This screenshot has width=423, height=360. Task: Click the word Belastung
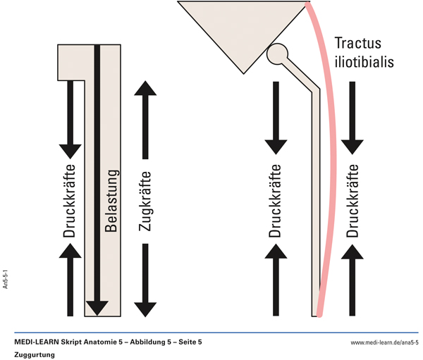pyautogui.click(x=111, y=200)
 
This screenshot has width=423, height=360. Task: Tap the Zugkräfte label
pyautogui.click(x=145, y=200)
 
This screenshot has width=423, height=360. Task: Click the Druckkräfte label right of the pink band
pyautogui.click(x=352, y=200)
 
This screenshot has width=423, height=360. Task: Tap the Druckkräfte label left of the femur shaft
pyautogui.click(x=276, y=200)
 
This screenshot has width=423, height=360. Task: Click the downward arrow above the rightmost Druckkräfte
pyautogui.click(x=352, y=120)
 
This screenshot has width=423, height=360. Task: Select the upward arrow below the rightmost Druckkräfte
pyautogui.click(x=352, y=282)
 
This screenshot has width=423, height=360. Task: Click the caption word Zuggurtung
pyautogui.click(x=35, y=354)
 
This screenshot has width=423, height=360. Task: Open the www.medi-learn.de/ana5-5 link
pyautogui.click(x=384, y=342)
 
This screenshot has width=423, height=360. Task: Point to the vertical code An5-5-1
pyautogui.click(x=6, y=278)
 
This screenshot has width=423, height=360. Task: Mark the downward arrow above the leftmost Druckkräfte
pyautogui.click(x=69, y=120)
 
